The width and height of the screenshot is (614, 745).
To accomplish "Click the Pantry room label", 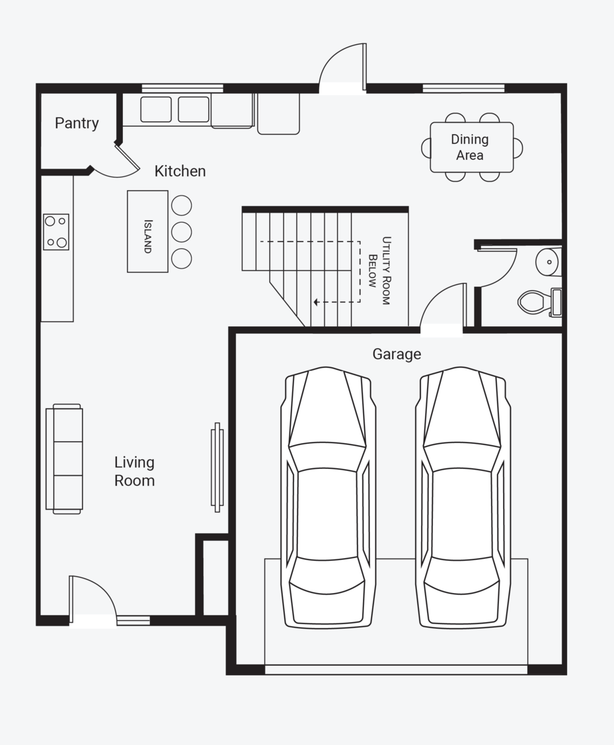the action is click(x=77, y=123).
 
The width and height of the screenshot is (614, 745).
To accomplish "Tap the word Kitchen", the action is click(x=180, y=171).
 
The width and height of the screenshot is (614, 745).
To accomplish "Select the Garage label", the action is click(x=397, y=354).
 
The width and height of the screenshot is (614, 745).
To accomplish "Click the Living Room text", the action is click(x=135, y=472).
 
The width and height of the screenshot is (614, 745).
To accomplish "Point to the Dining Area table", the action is click(x=472, y=147).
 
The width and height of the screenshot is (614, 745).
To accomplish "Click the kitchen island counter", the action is click(x=147, y=231).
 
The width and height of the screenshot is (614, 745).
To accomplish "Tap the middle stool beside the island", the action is click(x=181, y=232).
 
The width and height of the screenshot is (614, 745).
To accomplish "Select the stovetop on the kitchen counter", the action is click(x=56, y=232).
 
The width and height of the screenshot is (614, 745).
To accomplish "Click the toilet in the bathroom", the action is click(x=539, y=302).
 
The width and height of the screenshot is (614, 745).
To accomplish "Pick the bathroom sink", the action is click(x=549, y=262).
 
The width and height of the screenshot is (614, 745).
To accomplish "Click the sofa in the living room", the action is click(x=64, y=459).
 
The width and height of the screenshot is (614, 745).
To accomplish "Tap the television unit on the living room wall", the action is click(x=217, y=468).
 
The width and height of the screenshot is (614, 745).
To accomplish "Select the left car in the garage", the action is click(x=328, y=497).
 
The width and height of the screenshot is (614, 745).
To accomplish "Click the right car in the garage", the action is click(x=462, y=497).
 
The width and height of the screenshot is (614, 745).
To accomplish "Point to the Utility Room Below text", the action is click(x=379, y=270).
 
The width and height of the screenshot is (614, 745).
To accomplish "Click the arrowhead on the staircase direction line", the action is click(x=317, y=302).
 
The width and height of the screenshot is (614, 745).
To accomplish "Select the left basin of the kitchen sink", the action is click(x=156, y=109).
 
